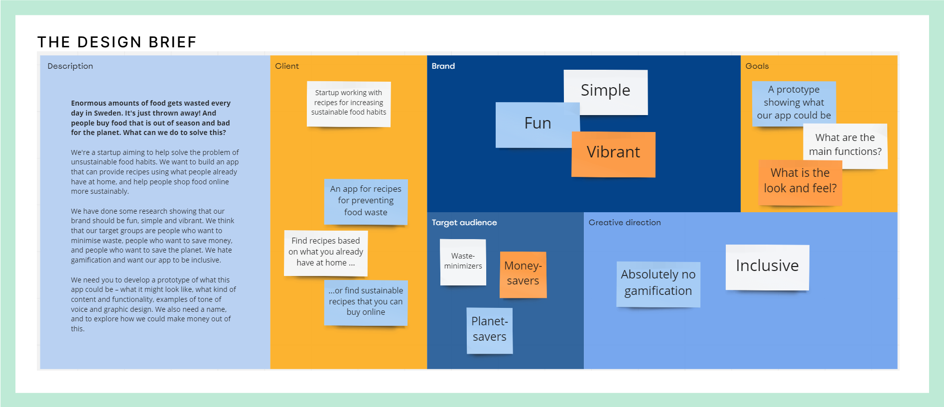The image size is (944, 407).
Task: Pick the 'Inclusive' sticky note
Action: coord(767,267)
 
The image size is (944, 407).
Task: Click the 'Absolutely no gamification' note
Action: coord(658,283)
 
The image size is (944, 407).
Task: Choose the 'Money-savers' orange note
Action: coord(523,274)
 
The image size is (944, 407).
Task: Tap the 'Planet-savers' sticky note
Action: coord(489,330)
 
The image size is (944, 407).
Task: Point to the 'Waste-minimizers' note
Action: coord(463,262)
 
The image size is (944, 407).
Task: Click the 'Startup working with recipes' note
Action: coord(349,103)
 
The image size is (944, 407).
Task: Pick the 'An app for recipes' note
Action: coord(366,201)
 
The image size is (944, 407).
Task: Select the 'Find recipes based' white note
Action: coord(326,253)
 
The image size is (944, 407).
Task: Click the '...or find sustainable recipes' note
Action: coord(366,302)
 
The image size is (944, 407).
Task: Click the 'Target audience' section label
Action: coord(464,223)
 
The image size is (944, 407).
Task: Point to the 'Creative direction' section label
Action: coord(625,223)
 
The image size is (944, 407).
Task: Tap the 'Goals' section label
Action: coord(757,66)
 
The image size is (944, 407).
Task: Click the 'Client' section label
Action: coord(287,66)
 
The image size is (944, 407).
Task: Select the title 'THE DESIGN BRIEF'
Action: coord(117,42)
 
